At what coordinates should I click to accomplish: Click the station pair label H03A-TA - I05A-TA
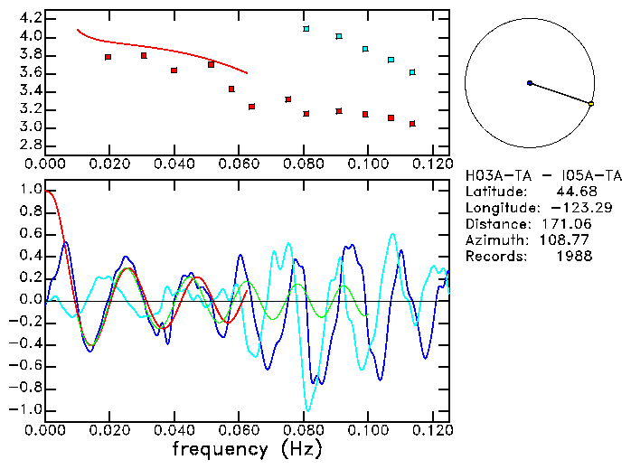(x=543, y=175)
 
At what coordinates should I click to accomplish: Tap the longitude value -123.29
(x=570, y=208)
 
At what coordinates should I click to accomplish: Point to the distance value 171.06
(x=570, y=224)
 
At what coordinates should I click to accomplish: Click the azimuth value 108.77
(x=570, y=240)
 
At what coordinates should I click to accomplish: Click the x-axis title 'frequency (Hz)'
(x=245, y=449)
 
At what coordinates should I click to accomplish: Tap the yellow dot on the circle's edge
(x=591, y=105)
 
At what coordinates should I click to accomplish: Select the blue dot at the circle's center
(x=530, y=83)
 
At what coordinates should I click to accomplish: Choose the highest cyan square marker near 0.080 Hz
(x=306, y=29)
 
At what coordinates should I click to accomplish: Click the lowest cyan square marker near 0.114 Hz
(x=412, y=72)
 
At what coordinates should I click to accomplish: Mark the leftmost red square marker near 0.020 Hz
(x=108, y=57)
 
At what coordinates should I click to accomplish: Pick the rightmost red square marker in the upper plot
(x=412, y=124)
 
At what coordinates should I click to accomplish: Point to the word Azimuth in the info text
(x=494, y=240)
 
